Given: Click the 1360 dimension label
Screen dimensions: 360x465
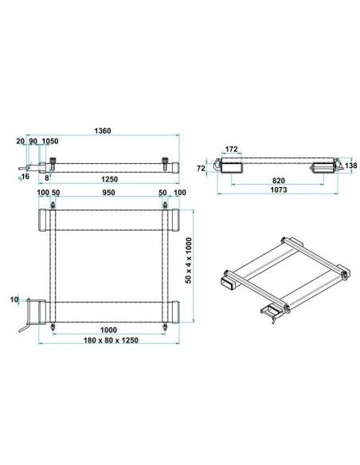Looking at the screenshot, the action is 102,131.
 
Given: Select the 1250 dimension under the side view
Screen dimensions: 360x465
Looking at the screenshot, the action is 109,179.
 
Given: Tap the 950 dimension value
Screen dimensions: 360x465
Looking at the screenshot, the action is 108,193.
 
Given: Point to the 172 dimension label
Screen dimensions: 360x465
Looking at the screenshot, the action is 231,149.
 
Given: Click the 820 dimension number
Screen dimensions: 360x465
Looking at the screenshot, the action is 278,180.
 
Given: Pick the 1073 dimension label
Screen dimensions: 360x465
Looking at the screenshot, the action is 279,190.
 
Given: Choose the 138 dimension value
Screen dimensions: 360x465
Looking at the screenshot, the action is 351,165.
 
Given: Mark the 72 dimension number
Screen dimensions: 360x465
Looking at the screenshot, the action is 201,168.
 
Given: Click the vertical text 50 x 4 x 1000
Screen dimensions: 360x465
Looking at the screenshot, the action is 189,260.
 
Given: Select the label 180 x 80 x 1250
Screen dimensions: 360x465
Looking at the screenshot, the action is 111,340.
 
